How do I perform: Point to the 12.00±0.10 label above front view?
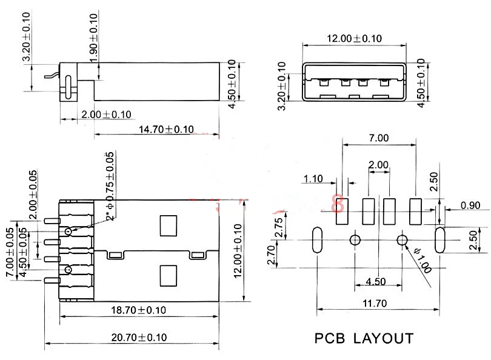355,38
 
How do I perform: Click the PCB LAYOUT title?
364,338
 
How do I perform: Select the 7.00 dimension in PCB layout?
378,138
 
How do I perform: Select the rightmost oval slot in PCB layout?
441,241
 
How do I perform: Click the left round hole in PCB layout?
355,241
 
